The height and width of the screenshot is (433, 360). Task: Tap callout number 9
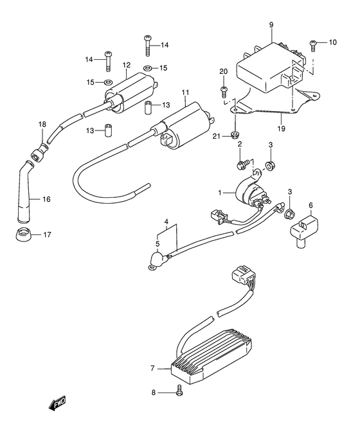point(271,26)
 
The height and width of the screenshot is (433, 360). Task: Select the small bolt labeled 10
point(314,44)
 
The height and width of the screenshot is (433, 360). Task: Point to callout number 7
point(152,369)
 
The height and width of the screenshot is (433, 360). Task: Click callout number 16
point(46,200)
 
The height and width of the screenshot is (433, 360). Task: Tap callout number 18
point(42,124)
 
